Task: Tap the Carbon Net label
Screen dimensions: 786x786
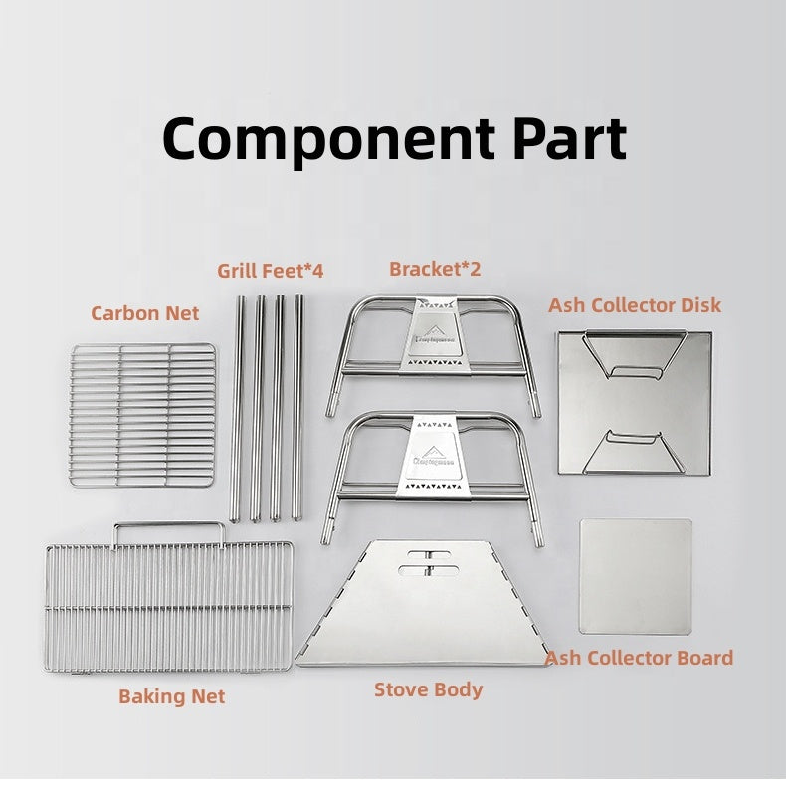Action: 145,313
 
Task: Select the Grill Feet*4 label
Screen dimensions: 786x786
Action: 271,270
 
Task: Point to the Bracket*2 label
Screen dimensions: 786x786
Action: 435,269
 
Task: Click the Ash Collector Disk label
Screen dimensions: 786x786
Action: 635,305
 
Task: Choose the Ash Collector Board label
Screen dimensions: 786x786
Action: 639,658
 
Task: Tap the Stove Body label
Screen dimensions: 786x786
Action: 428,689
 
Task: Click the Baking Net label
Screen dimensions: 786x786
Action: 172,696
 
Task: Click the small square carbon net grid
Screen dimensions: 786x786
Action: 143,415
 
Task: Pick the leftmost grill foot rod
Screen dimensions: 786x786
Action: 238,408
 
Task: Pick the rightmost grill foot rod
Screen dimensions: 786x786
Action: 297,408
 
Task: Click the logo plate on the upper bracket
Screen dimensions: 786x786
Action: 432,337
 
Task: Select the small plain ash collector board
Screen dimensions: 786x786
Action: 635,575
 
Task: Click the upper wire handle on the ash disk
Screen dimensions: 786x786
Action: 633,358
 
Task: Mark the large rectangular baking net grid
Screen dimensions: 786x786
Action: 168,607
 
